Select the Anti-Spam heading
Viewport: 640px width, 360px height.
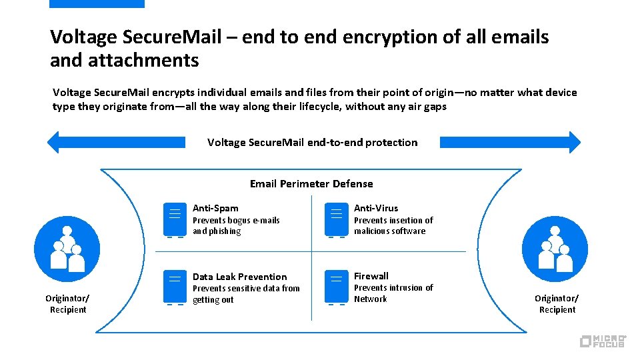point(215,208)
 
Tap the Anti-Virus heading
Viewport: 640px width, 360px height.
point(376,208)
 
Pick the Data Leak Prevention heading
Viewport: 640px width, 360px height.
point(239,277)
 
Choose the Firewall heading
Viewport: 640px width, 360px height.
point(371,276)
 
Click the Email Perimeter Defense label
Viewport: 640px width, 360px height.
point(311,183)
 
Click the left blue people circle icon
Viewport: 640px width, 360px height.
point(67,249)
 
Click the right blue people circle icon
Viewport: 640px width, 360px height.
point(555,249)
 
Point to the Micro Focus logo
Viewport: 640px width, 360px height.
point(603,341)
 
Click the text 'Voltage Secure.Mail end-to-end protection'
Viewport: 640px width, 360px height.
point(312,142)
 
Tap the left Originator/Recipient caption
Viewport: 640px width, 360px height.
point(67,304)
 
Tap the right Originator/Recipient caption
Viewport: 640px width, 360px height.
point(557,304)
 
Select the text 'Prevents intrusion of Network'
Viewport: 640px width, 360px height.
point(393,293)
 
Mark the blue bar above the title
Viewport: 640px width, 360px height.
point(97,4)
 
